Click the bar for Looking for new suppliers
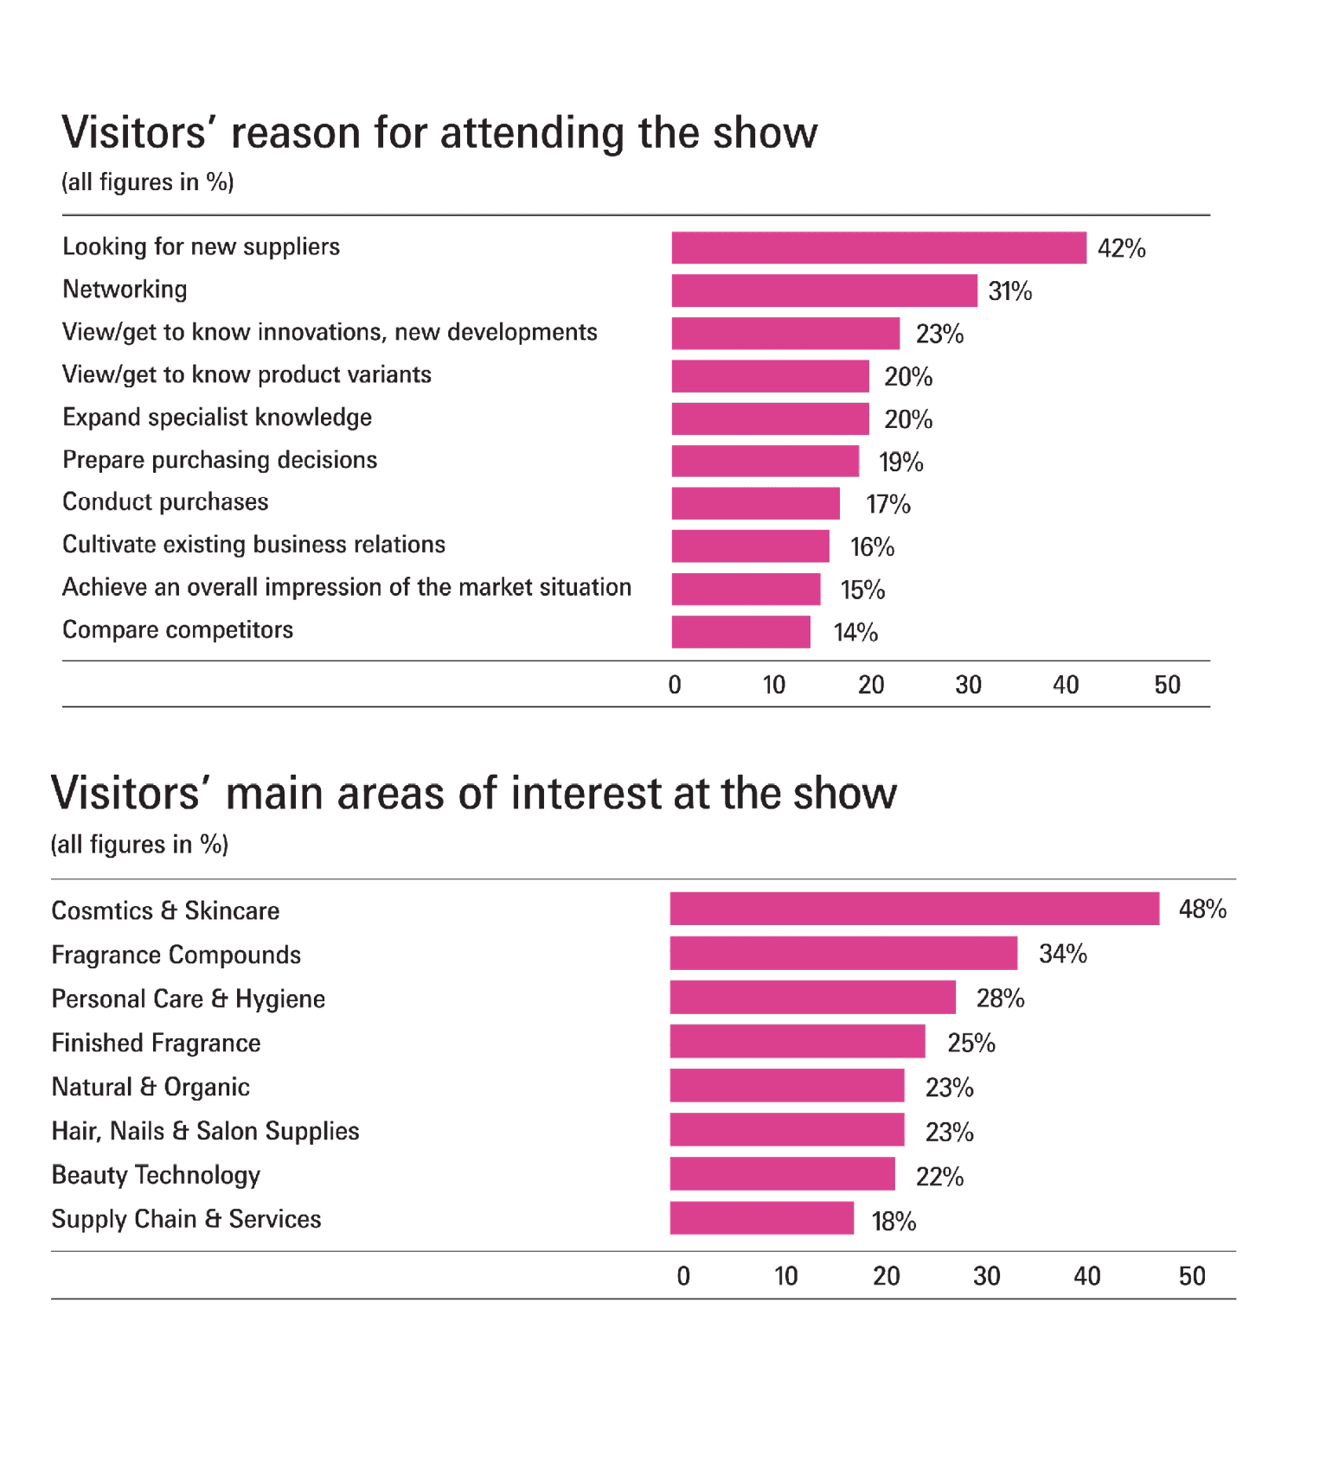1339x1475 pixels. click(878, 247)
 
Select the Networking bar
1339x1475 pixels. click(823, 291)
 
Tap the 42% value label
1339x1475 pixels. click(1121, 249)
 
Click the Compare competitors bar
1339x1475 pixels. click(740, 632)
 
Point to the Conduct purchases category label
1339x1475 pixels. click(165, 502)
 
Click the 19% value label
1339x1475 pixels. click(900, 463)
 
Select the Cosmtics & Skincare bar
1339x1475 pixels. click(913, 909)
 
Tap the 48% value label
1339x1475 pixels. click(1202, 910)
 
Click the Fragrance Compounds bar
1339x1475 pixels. click(843, 953)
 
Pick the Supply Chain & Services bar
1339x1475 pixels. click(761, 1218)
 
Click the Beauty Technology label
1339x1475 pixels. click(156, 1176)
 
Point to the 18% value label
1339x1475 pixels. click(894, 1222)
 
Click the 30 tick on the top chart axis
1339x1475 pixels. click(968, 686)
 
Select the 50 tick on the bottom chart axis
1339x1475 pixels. click(1191, 1277)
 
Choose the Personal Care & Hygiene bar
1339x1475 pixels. click(812, 997)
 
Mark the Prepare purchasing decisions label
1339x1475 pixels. click(220, 460)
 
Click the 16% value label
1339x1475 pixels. click(871, 547)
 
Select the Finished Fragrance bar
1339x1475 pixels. click(797, 1042)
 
